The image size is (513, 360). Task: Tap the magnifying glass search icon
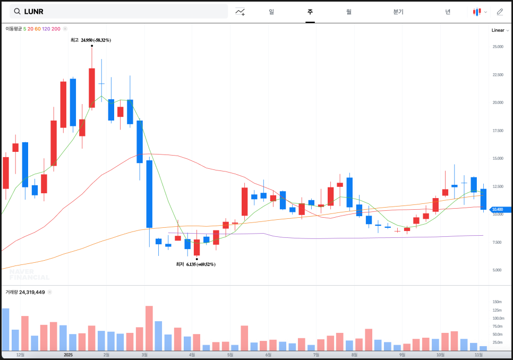(x=17, y=11)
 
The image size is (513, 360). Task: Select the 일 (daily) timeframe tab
(x=271, y=12)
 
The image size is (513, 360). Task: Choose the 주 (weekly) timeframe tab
(x=310, y=12)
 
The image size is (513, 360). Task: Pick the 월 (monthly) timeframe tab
(x=348, y=12)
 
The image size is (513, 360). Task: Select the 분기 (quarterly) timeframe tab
(x=398, y=12)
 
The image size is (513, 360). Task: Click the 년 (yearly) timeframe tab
(x=448, y=12)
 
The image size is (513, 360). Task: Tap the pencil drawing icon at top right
(x=500, y=12)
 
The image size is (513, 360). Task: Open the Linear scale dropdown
(x=500, y=30)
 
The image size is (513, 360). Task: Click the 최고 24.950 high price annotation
(x=91, y=40)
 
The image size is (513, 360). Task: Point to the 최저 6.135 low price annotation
(x=195, y=264)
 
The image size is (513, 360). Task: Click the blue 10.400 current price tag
(x=501, y=210)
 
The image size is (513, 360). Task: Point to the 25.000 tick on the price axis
(x=498, y=47)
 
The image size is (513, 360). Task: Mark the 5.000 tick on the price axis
(x=497, y=270)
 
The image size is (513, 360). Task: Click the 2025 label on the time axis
(x=68, y=354)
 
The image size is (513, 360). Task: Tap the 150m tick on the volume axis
(x=497, y=302)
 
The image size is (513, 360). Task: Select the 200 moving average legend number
(x=56, y=29)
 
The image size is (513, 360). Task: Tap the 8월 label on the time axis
(x=354, y=354)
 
